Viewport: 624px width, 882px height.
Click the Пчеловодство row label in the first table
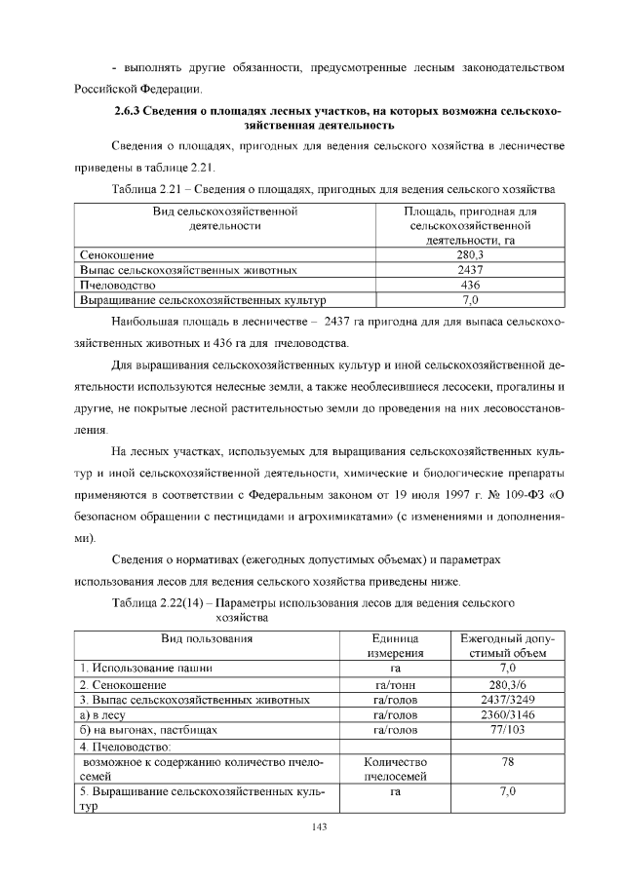(117, 285)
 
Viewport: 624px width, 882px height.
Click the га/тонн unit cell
(396, 684)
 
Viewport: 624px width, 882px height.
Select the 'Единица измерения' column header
(396, 645)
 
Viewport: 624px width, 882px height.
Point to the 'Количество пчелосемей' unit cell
(396, 769)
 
